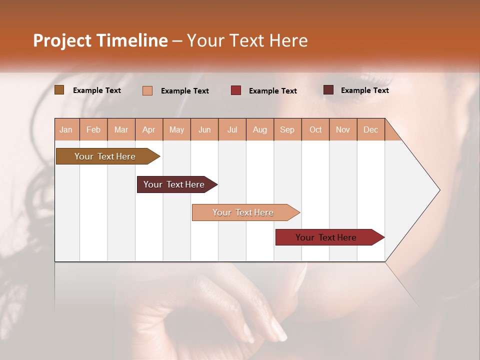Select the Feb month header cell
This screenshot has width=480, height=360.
tap(93, 129)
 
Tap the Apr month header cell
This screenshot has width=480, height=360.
tap(149, 129)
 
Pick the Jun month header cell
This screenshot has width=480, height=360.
tap(204, 129)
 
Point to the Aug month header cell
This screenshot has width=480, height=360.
tap(260, 129)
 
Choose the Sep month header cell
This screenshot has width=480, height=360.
tap(287, 129)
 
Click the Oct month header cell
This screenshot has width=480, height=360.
tap(315, 129)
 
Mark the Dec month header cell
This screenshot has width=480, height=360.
tap(371, 129)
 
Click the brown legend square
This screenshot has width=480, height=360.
tap(59, 90)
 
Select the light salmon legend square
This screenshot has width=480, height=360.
tap(147, 90)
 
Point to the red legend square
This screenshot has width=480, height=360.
tap(236, 90)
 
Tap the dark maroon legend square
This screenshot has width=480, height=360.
tap(328, 90)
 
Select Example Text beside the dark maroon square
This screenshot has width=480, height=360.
tap(364, 90)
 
